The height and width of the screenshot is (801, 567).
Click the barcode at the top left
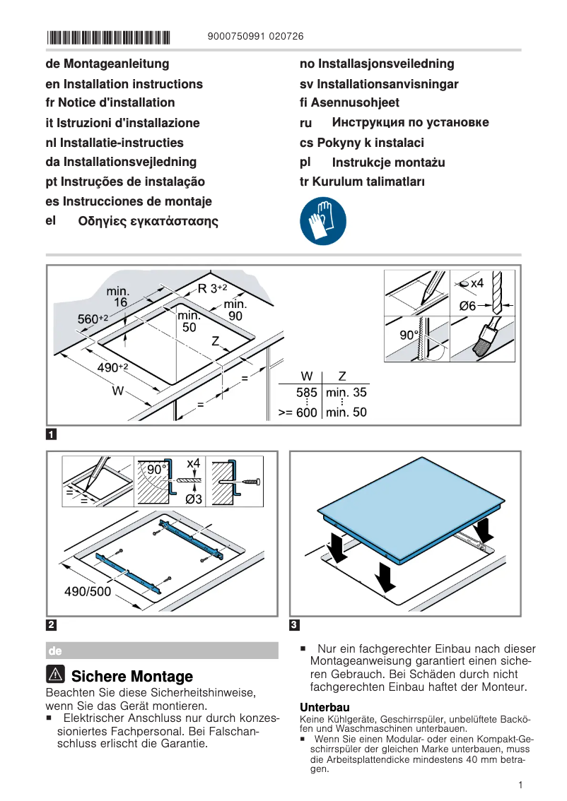tap(108, 37)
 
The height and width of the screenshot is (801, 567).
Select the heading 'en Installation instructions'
tap(124, 84)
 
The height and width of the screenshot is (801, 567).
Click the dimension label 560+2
tap(92, 320)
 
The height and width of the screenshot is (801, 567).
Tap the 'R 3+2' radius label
tap(212, 288)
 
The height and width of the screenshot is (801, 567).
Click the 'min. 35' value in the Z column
tap(346, 393)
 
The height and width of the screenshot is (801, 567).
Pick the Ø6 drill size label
tap(468, 306)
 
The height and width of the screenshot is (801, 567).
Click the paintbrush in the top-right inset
tap(483, 343)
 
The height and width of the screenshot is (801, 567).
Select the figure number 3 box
tap(295, 624)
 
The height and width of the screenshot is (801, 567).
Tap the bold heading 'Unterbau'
tap(325, 707)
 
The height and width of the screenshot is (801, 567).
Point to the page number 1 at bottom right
tap(520, 785)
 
